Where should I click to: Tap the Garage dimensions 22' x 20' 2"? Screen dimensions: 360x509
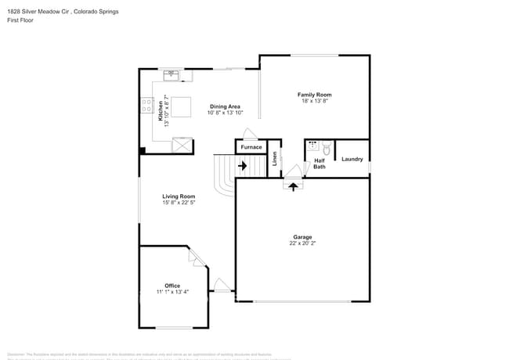(302, 243)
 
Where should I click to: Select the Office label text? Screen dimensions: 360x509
(172, 286)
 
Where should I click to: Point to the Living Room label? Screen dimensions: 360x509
(179, 196)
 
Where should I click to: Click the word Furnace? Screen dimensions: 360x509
(251, 147)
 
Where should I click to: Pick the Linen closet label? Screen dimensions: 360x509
(275, 159)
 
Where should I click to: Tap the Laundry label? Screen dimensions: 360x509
(352, 159)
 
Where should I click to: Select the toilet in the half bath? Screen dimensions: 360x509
(327, 148)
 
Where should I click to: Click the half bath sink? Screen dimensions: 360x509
(312, 146)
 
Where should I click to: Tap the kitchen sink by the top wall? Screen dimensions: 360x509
(171, 75)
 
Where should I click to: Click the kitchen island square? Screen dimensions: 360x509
(181, 107)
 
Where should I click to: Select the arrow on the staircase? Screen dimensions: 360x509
(242, 166)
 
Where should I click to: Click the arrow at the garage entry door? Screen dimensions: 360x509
(294, 186)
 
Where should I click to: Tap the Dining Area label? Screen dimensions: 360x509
(224, 106)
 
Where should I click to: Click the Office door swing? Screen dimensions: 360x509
(194, 257)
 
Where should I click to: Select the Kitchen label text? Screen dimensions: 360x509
(161, 110)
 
